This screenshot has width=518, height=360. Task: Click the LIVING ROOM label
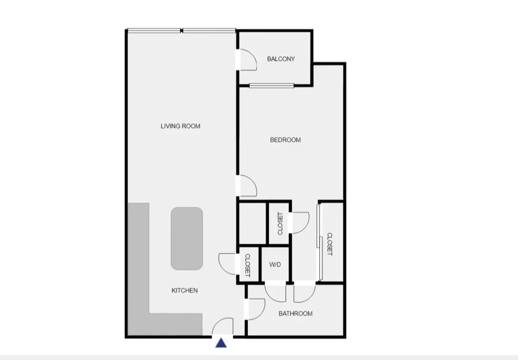coord(180,126)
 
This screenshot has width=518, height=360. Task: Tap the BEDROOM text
coord(285,140)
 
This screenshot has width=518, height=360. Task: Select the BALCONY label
coord(281,59)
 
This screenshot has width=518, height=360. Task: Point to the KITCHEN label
coord(185,290)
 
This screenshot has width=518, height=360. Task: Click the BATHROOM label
coord(296,313)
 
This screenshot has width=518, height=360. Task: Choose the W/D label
coord(275,264)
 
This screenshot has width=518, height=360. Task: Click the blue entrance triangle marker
coord(221,343)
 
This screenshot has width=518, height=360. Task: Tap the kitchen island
coord(187,238)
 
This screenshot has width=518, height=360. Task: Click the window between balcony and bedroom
coord(272,86)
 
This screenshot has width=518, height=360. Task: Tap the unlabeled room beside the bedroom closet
coord(252,223)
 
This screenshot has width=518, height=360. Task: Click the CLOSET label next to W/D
coord(247,265)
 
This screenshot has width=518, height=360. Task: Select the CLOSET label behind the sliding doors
coord(330,244)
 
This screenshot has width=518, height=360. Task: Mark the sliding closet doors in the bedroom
coord(320,242)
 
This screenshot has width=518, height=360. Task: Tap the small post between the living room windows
coord(182,31)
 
